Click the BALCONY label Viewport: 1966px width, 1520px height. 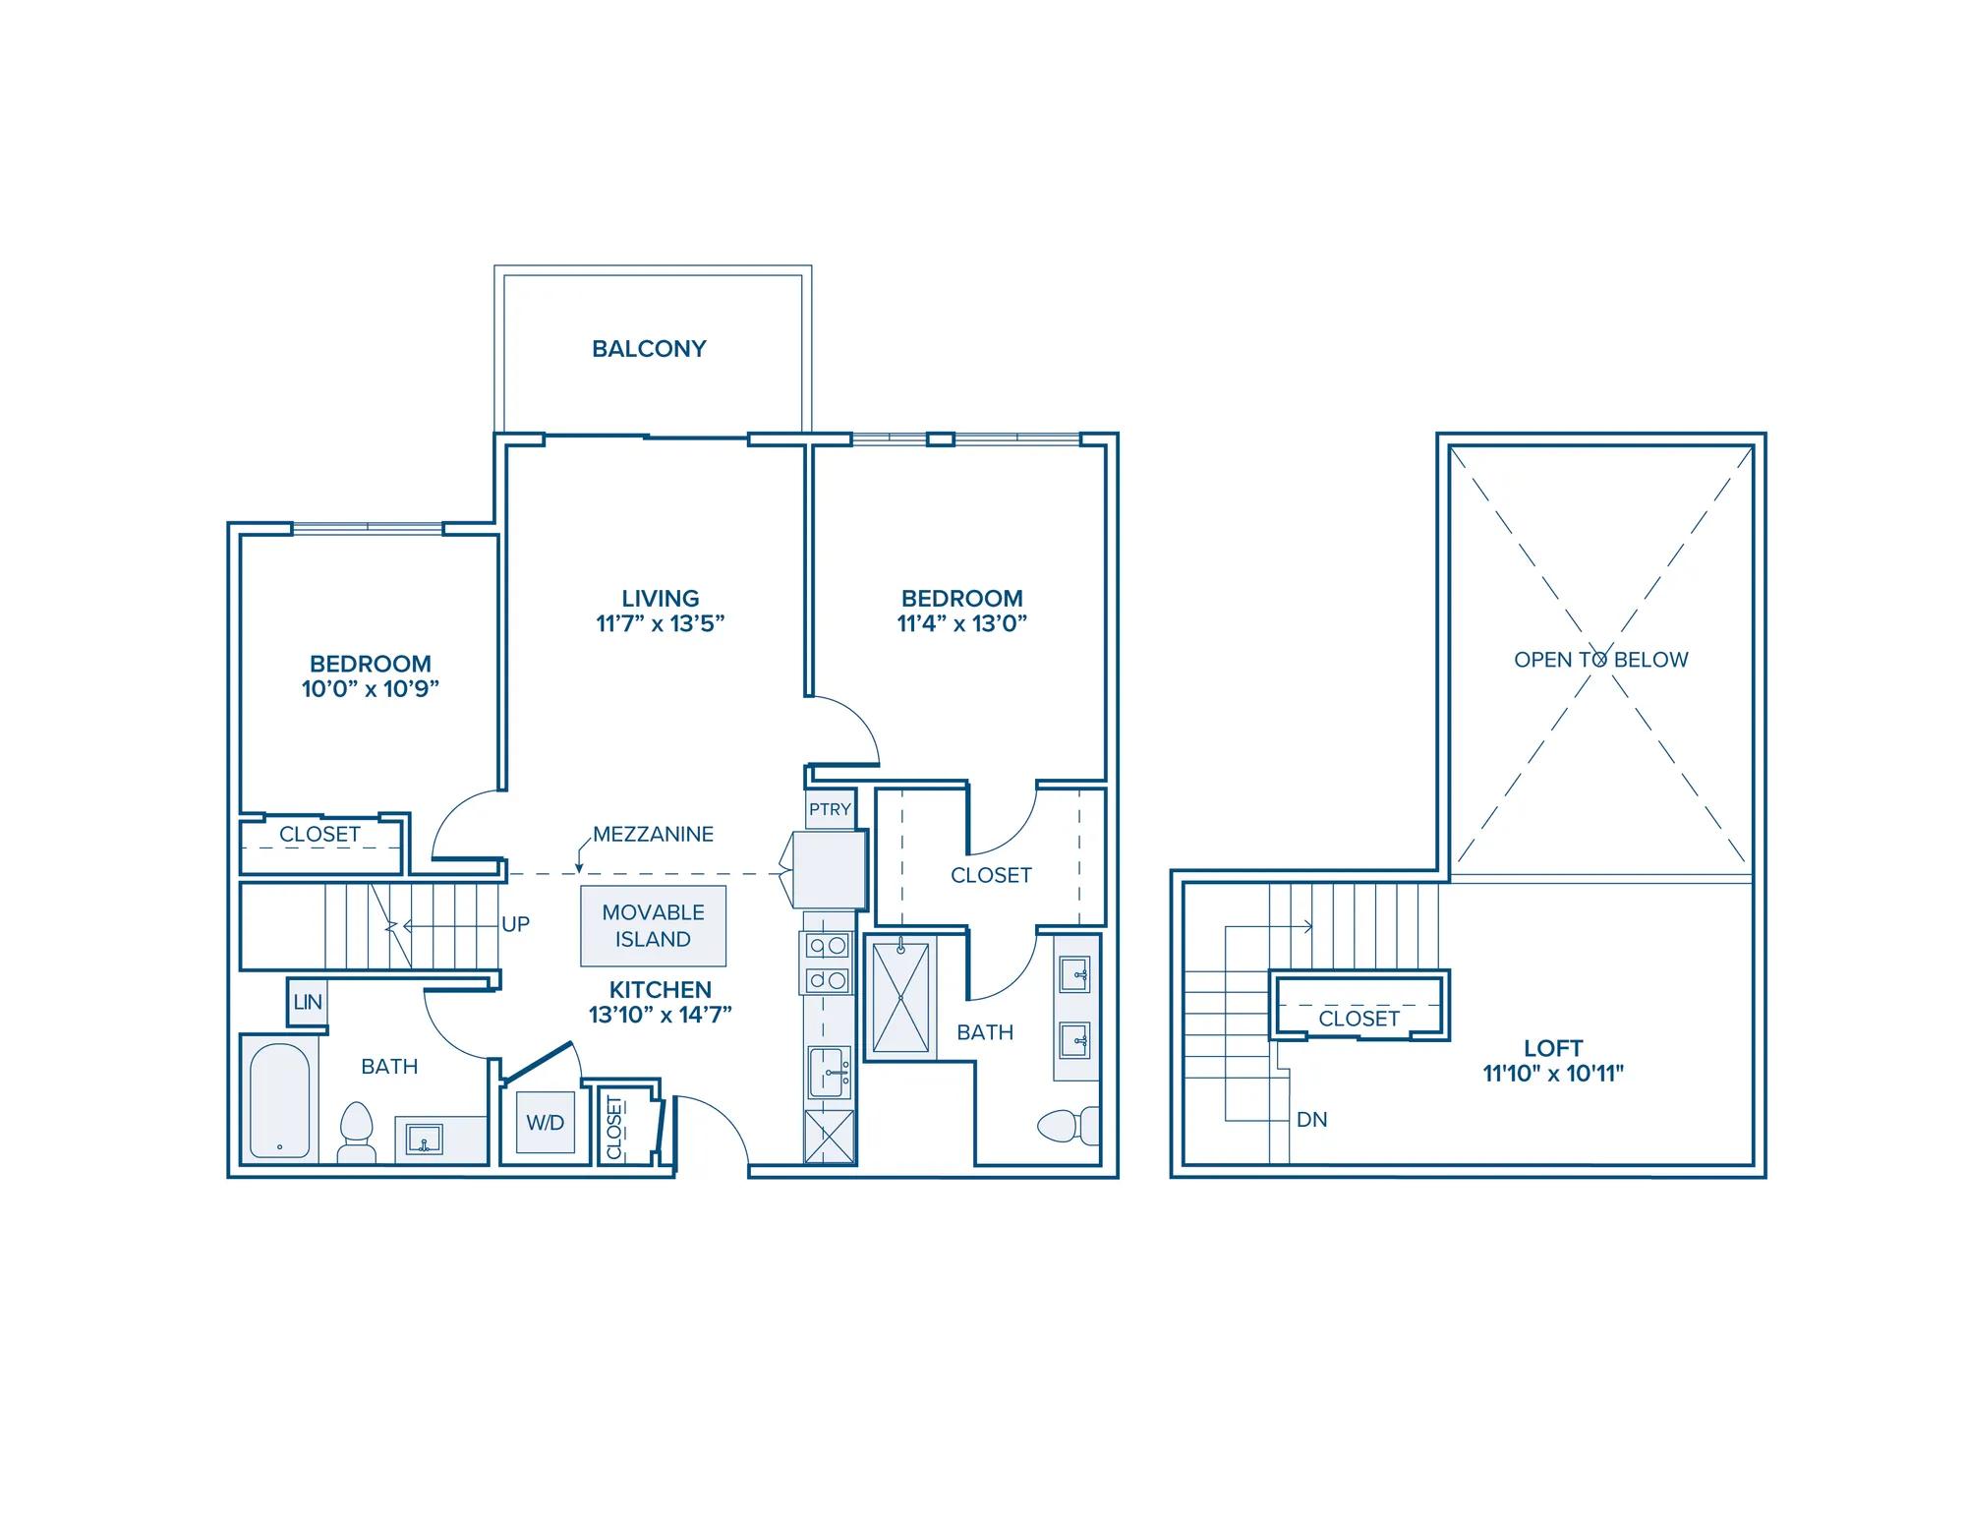pos(649,349)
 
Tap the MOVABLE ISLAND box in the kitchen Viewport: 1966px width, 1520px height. pos(654,926)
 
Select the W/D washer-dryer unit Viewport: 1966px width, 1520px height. pos(546,1123)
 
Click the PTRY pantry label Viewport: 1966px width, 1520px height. pos(830,809)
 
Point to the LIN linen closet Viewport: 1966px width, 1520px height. pos(308,1002)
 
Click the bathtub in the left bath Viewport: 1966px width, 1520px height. pos(280,1100)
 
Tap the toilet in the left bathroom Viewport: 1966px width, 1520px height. pos(357,1133)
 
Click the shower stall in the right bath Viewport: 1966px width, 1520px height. pos(900,997)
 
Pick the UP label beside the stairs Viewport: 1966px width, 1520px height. pos(515,924)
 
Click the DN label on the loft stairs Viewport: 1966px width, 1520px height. pos(1312,1119)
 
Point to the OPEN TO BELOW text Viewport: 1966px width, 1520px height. pos(1600,660)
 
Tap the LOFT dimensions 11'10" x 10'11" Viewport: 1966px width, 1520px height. pos(1553,1074)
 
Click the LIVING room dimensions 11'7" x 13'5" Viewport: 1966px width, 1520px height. pos(661,623)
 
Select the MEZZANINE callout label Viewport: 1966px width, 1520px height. pos(654,834)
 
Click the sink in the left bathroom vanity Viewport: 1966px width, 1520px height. pos(425,1140)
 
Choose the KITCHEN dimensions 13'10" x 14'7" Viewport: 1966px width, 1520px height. pos(661,1015)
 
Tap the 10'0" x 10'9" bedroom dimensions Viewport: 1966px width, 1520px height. pos(371,688)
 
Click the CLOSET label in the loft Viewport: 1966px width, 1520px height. pos(1359,1019)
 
